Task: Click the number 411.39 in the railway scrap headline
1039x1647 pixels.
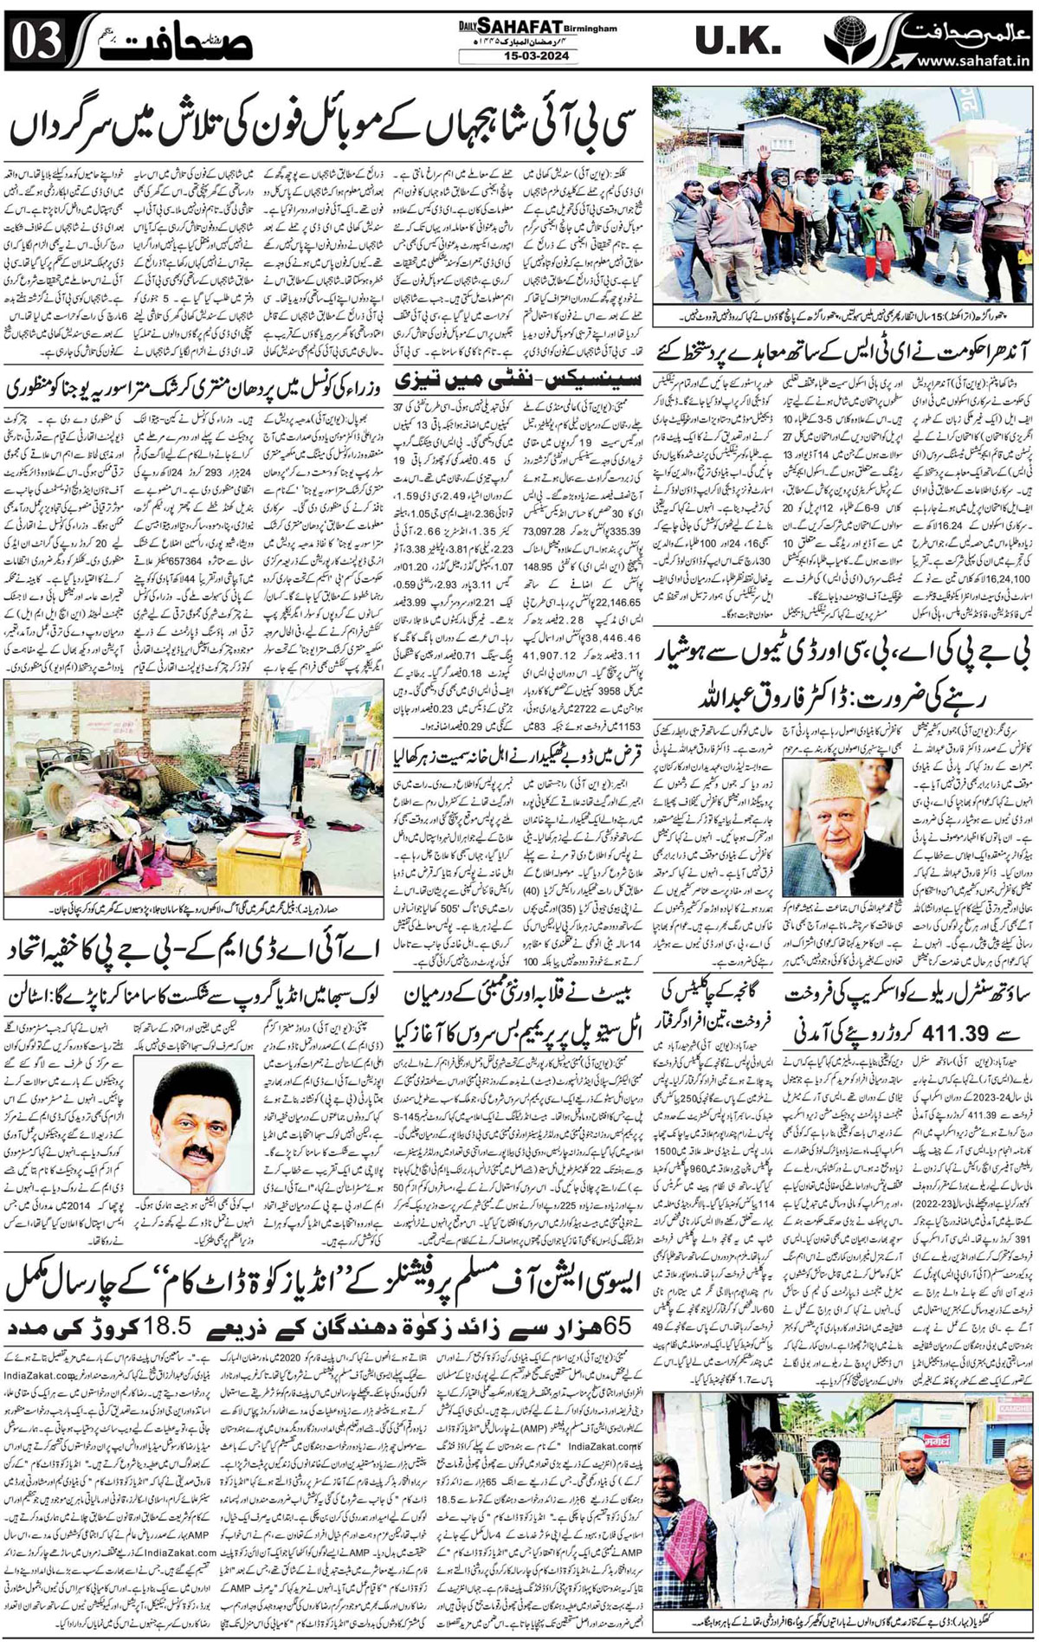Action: (948, 1025)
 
